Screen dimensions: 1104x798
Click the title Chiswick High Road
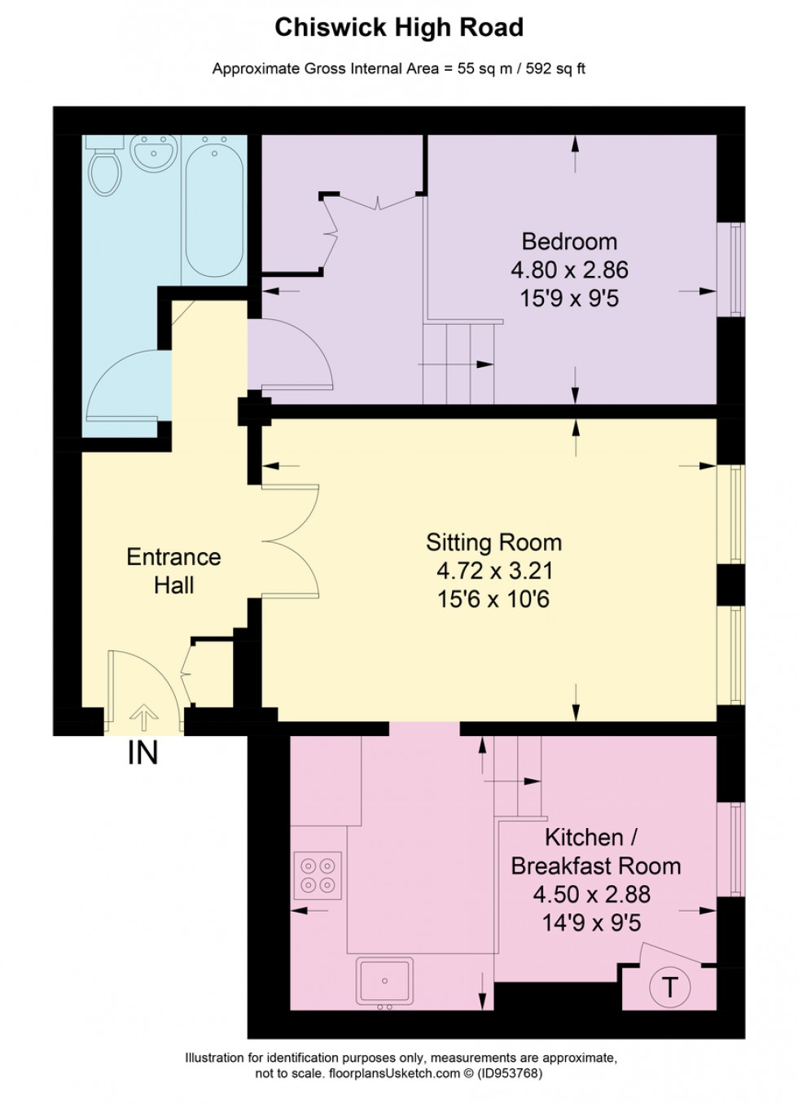pos(398,28)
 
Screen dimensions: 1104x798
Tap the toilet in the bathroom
pos(103,169)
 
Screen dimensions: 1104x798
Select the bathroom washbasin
pos(154,153)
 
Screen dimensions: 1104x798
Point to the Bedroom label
pos(569,241)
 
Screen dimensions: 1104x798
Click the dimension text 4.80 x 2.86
pos(569,269)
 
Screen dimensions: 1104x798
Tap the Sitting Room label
pos(493,542)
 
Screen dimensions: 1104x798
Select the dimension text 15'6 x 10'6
pos(493,600)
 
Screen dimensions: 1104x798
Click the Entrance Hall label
pos(173,571)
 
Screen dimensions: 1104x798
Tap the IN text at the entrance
pos(142,753)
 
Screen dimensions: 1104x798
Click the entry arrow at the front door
pos(144,717)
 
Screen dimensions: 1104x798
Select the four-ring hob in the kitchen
pos(318,875)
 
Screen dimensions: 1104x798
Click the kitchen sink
pos(385,981)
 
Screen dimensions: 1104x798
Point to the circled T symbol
pos(669,987)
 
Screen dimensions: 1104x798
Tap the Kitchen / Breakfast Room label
pos(595,852)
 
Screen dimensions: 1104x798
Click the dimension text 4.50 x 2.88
pos(591,894)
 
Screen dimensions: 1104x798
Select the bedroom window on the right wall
pos(735,269)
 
